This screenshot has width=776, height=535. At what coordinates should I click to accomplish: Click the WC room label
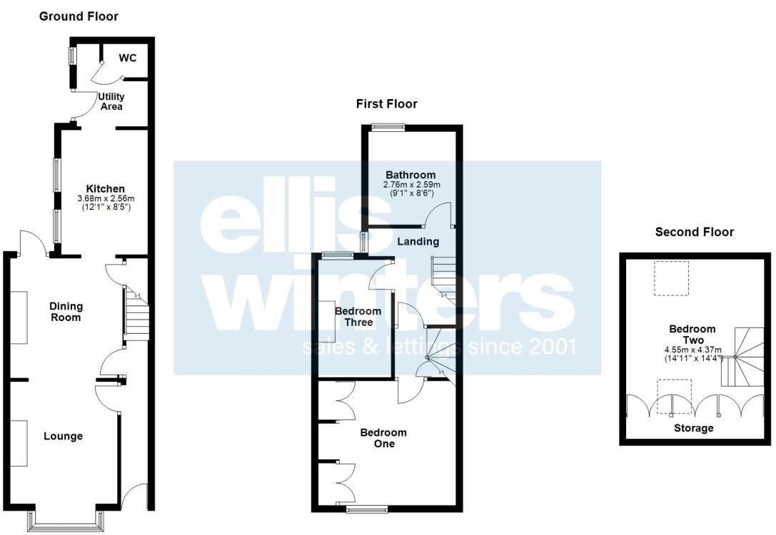click(128, 58)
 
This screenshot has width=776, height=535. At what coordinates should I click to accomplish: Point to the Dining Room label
click(66, 312)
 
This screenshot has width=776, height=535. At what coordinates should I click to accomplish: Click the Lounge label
click(63, 436)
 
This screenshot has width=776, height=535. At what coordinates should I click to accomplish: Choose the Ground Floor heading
click(79, 16)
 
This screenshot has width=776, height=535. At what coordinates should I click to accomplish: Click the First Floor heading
click(387, 103)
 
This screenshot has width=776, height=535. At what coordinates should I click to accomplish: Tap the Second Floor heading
click(695, 232)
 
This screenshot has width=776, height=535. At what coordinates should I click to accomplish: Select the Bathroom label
click(410, 175)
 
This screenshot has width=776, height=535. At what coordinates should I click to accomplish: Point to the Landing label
click(418, 241)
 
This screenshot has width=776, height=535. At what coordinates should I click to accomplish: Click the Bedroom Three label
click(358, 317)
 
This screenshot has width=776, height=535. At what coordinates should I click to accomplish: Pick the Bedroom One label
click(383, 438)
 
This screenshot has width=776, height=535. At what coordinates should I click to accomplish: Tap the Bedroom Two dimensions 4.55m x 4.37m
click(690, 350)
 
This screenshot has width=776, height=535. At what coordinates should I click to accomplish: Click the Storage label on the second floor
click(694, 428)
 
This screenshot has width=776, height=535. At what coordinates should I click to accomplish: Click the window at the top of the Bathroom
click(388, 128)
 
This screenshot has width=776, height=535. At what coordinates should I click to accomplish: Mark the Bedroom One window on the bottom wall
click(366, 509)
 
